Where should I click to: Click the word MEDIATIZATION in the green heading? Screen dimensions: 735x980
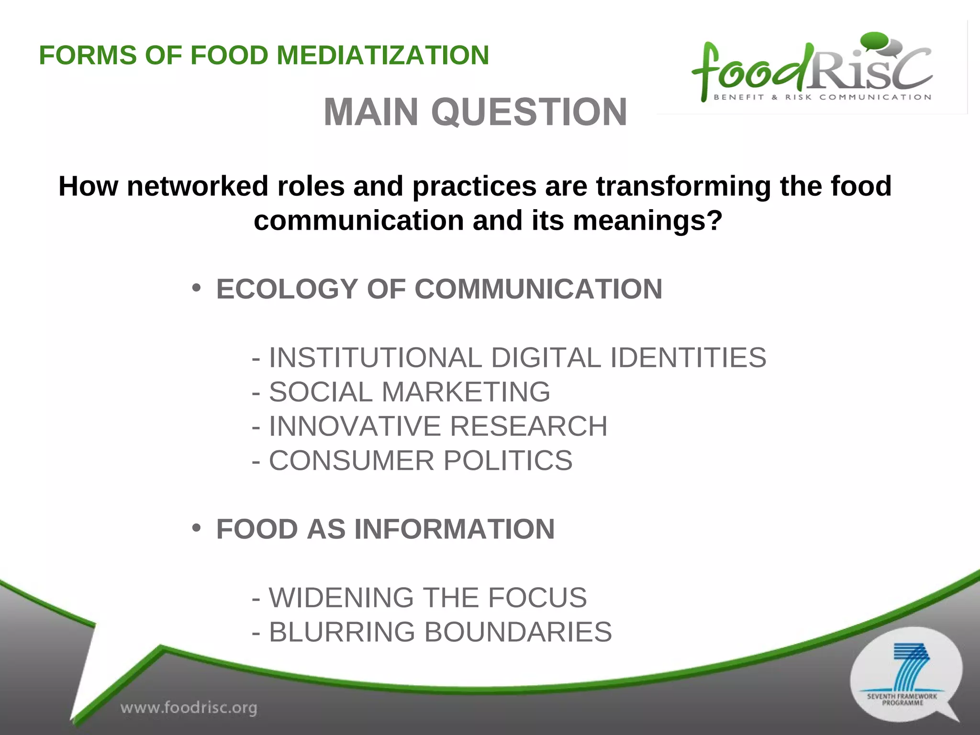(383, 55)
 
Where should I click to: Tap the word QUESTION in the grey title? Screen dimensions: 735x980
(529, 112)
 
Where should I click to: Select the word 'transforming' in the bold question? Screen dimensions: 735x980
(683, 186)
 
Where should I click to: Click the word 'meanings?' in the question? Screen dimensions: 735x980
(647, 221)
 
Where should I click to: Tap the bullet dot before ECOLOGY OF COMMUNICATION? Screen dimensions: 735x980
(196, 288)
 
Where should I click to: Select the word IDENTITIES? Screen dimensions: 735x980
(688, 357)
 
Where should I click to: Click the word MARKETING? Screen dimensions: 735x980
(466, 392)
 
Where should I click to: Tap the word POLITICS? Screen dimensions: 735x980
(508, 460)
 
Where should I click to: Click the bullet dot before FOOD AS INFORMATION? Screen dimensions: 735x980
(196, 528)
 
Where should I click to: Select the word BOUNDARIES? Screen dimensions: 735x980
(518, 632)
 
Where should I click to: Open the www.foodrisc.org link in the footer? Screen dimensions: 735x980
(189, 707)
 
